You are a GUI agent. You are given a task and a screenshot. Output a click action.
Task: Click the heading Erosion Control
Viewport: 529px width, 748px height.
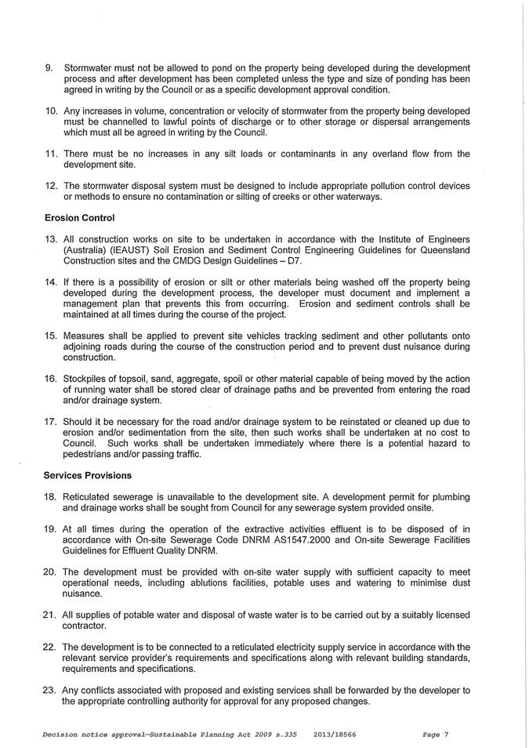click(79, 217)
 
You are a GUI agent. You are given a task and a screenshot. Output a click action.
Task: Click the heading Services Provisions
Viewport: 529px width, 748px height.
click(88, 475)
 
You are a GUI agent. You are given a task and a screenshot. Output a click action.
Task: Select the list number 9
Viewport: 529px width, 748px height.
click(49, 68)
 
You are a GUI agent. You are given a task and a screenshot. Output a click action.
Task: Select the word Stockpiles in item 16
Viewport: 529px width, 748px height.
click(87, 379)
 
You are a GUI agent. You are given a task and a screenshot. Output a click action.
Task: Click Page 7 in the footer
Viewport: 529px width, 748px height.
click(435, 735)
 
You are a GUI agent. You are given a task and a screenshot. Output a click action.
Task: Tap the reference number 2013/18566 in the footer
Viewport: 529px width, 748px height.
click(335, 735)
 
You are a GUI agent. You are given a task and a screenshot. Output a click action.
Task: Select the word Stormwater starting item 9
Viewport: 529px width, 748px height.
click(92, 68)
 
